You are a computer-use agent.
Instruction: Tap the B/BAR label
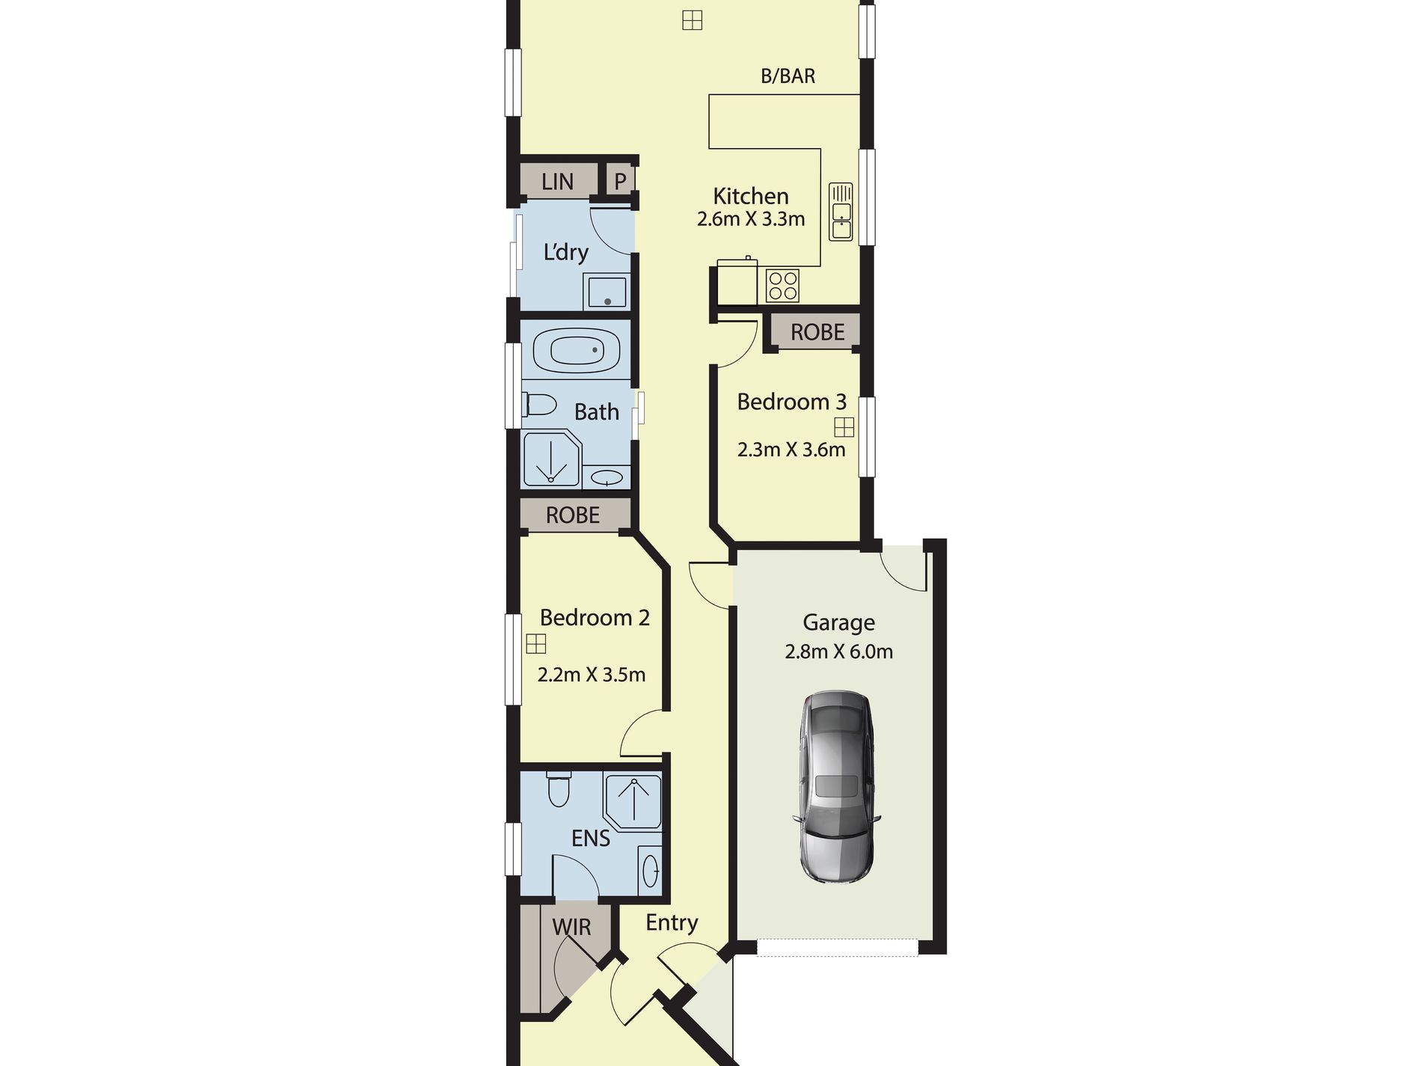point(788,76)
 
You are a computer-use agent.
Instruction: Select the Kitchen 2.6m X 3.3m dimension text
point(751,219)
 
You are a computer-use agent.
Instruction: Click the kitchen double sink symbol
point(841,211)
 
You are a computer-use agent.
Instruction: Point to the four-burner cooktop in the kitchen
point(782,285)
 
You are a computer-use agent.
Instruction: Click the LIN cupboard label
point(558,182)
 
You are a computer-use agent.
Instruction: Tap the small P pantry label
point(620,181)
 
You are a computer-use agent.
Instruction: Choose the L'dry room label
point(565,252)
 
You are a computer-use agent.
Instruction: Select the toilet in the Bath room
point(540,405)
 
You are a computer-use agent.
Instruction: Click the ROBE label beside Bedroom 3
point(817,332)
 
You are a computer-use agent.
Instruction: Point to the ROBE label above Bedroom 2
point(573,515)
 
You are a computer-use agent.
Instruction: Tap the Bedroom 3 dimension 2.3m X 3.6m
point(791,450)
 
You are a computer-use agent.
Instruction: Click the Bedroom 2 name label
point(595,618)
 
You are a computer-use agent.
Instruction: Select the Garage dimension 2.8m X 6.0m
point(838,652)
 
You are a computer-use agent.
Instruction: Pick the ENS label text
point(591,839)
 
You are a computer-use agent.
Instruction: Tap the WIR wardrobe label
point(571,928)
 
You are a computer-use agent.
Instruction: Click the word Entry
point(672,923)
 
